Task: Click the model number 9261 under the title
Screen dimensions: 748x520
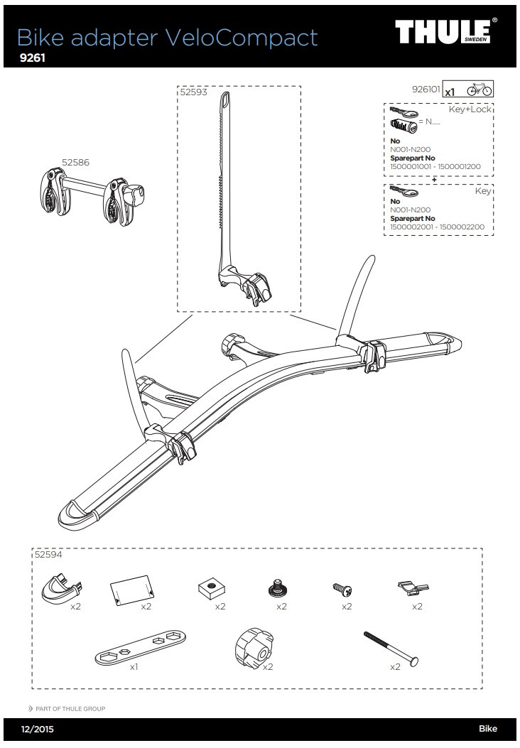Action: tap(33, 59)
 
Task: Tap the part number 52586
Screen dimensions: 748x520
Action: tap(75, 163)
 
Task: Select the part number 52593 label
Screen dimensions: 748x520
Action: tap(193, 92)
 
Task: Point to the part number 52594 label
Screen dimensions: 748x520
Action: tap(48, 555)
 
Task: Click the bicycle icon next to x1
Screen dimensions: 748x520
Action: tap(480, 90)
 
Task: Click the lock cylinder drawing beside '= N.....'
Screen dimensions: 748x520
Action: tap(403, 126)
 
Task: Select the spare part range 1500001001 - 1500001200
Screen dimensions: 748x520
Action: tap(435, 166)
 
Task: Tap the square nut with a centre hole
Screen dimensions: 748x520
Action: tap(210, 587)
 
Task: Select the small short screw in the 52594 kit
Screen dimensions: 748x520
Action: tap(342, 589)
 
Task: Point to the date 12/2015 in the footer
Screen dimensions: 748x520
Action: tap(37, 729)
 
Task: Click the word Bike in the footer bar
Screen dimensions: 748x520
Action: tap(487, 729)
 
